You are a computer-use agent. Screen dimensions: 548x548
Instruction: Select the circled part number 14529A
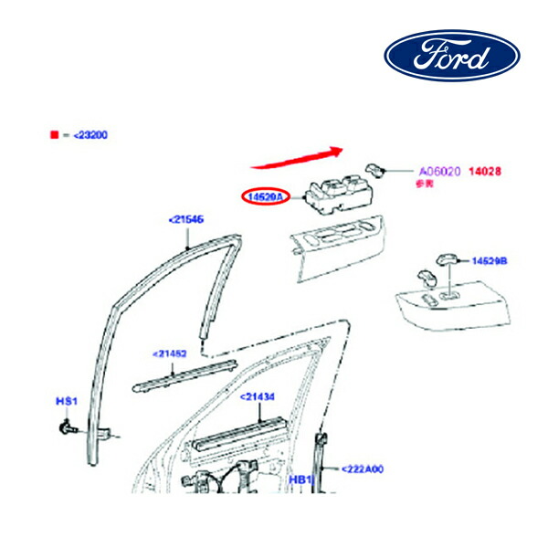point(265,196)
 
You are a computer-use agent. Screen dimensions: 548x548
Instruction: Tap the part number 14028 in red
point(485,171)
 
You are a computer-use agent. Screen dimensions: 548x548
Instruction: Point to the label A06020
point(440,171)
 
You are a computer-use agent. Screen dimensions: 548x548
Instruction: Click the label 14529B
point(490,261)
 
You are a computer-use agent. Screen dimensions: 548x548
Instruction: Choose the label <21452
point(170,353)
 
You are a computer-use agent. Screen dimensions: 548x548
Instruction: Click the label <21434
point(258,397)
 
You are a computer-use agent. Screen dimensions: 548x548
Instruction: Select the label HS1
point(67,401)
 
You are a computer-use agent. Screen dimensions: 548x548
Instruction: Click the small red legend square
point(55,134)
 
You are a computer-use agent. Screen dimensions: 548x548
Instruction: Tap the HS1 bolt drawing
point(68,427)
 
